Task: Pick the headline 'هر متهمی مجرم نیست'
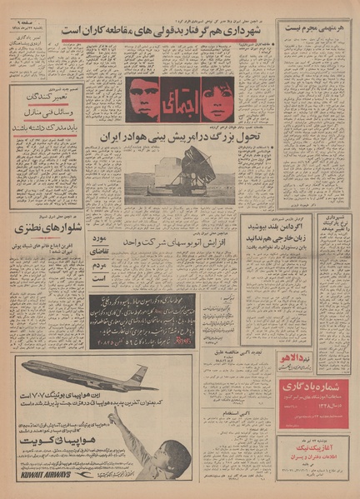pyautogui.click(x=316, y=27)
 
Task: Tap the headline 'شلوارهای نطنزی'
pyautogui.click(x=45, y=226)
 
